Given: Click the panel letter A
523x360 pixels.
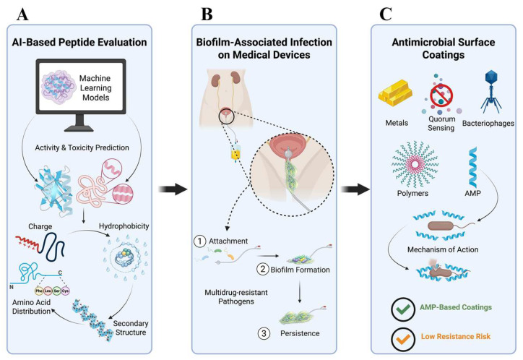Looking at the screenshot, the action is (x=22, y=14).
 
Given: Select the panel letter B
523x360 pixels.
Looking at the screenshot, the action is (x=207, y=14).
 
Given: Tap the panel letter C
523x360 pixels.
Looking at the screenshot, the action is (x=386, y=14).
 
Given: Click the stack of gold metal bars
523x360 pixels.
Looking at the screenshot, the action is (x=396, y=95).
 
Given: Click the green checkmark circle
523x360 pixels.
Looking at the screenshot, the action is (x=403, y=309).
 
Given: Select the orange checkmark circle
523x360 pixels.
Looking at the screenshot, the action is (x=403, y=339).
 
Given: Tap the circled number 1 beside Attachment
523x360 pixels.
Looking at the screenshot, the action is (x=200, y=241).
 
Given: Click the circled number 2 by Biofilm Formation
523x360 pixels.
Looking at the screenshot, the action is (x=262, y=269).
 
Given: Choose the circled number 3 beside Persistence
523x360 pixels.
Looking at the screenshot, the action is (x=264, y=333).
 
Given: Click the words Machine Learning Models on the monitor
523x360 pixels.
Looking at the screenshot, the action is (x=95, y=87).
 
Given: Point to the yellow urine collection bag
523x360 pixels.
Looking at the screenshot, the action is (x=236, y=153).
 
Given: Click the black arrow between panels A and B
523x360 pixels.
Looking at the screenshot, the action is (x=173, y=189).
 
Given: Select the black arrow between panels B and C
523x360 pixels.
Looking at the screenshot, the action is (x=355, y=189).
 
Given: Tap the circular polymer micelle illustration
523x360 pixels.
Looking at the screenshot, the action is (x=415, y=165).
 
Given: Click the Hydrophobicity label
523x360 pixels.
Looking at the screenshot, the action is (x=124, y=226).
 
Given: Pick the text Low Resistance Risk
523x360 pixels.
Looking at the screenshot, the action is (x=456, y=336).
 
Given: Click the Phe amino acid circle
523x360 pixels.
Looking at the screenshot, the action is (x=39, y=291).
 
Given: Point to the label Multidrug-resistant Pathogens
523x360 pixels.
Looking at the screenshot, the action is (x=236, y=297).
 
